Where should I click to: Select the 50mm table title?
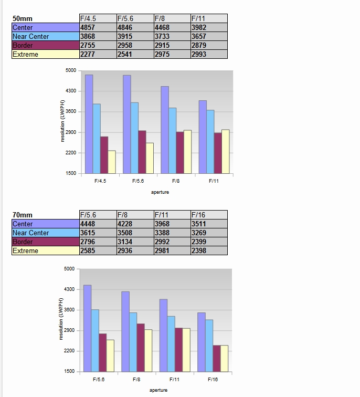pos(23,18)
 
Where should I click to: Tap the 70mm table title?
pos(23,215)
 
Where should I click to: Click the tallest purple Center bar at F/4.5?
pos(89,124)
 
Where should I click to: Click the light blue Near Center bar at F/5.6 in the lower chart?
pos(95,340)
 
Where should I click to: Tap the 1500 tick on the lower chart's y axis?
pos(69,371)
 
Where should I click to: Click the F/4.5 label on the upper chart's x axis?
pos(100,181)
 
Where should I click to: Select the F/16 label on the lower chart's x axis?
pos(213,379)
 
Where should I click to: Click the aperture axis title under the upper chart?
pos(160,192)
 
